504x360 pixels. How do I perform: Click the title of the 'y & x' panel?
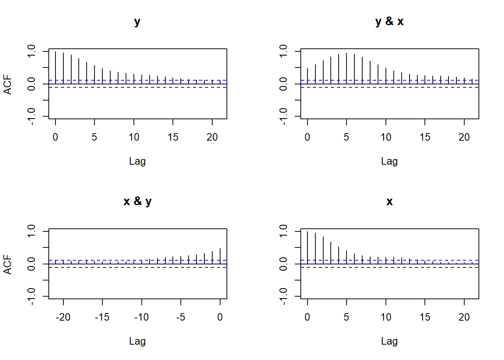click(x=389, y=21)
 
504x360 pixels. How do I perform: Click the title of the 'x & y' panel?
click(x=137, y=201)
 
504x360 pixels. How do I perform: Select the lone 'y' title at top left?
click(x=137, y=21)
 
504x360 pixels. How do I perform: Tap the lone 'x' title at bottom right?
click(x=390, y=201)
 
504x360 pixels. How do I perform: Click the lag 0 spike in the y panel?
click(x=55, y=67)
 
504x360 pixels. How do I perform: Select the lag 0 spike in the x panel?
click(x=307, y=247)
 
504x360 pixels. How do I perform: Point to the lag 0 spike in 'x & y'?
click(x=220, y=256)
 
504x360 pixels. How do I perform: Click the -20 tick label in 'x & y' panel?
click(x=63, y=317)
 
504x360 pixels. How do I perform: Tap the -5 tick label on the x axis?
click(x=181, y=317)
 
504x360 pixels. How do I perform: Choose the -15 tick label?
click(x=102, y=317)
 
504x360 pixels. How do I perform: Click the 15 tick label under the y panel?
click(x=173, y=137)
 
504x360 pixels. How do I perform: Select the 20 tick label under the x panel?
click(x=464, y=317)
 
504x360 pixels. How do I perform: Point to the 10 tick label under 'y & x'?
click(x=386, y=137)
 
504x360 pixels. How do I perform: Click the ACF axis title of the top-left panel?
click(x=8, y=84)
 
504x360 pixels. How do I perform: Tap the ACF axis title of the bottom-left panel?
click(x=8, y=264)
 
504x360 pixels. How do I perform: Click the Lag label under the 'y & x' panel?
click(x=389, y=161)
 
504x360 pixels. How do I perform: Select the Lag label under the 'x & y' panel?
click(x=137, y=341)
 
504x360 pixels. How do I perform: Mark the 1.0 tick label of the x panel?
click(x=283, y=231)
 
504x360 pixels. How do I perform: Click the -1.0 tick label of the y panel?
click(x=31, y=116)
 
